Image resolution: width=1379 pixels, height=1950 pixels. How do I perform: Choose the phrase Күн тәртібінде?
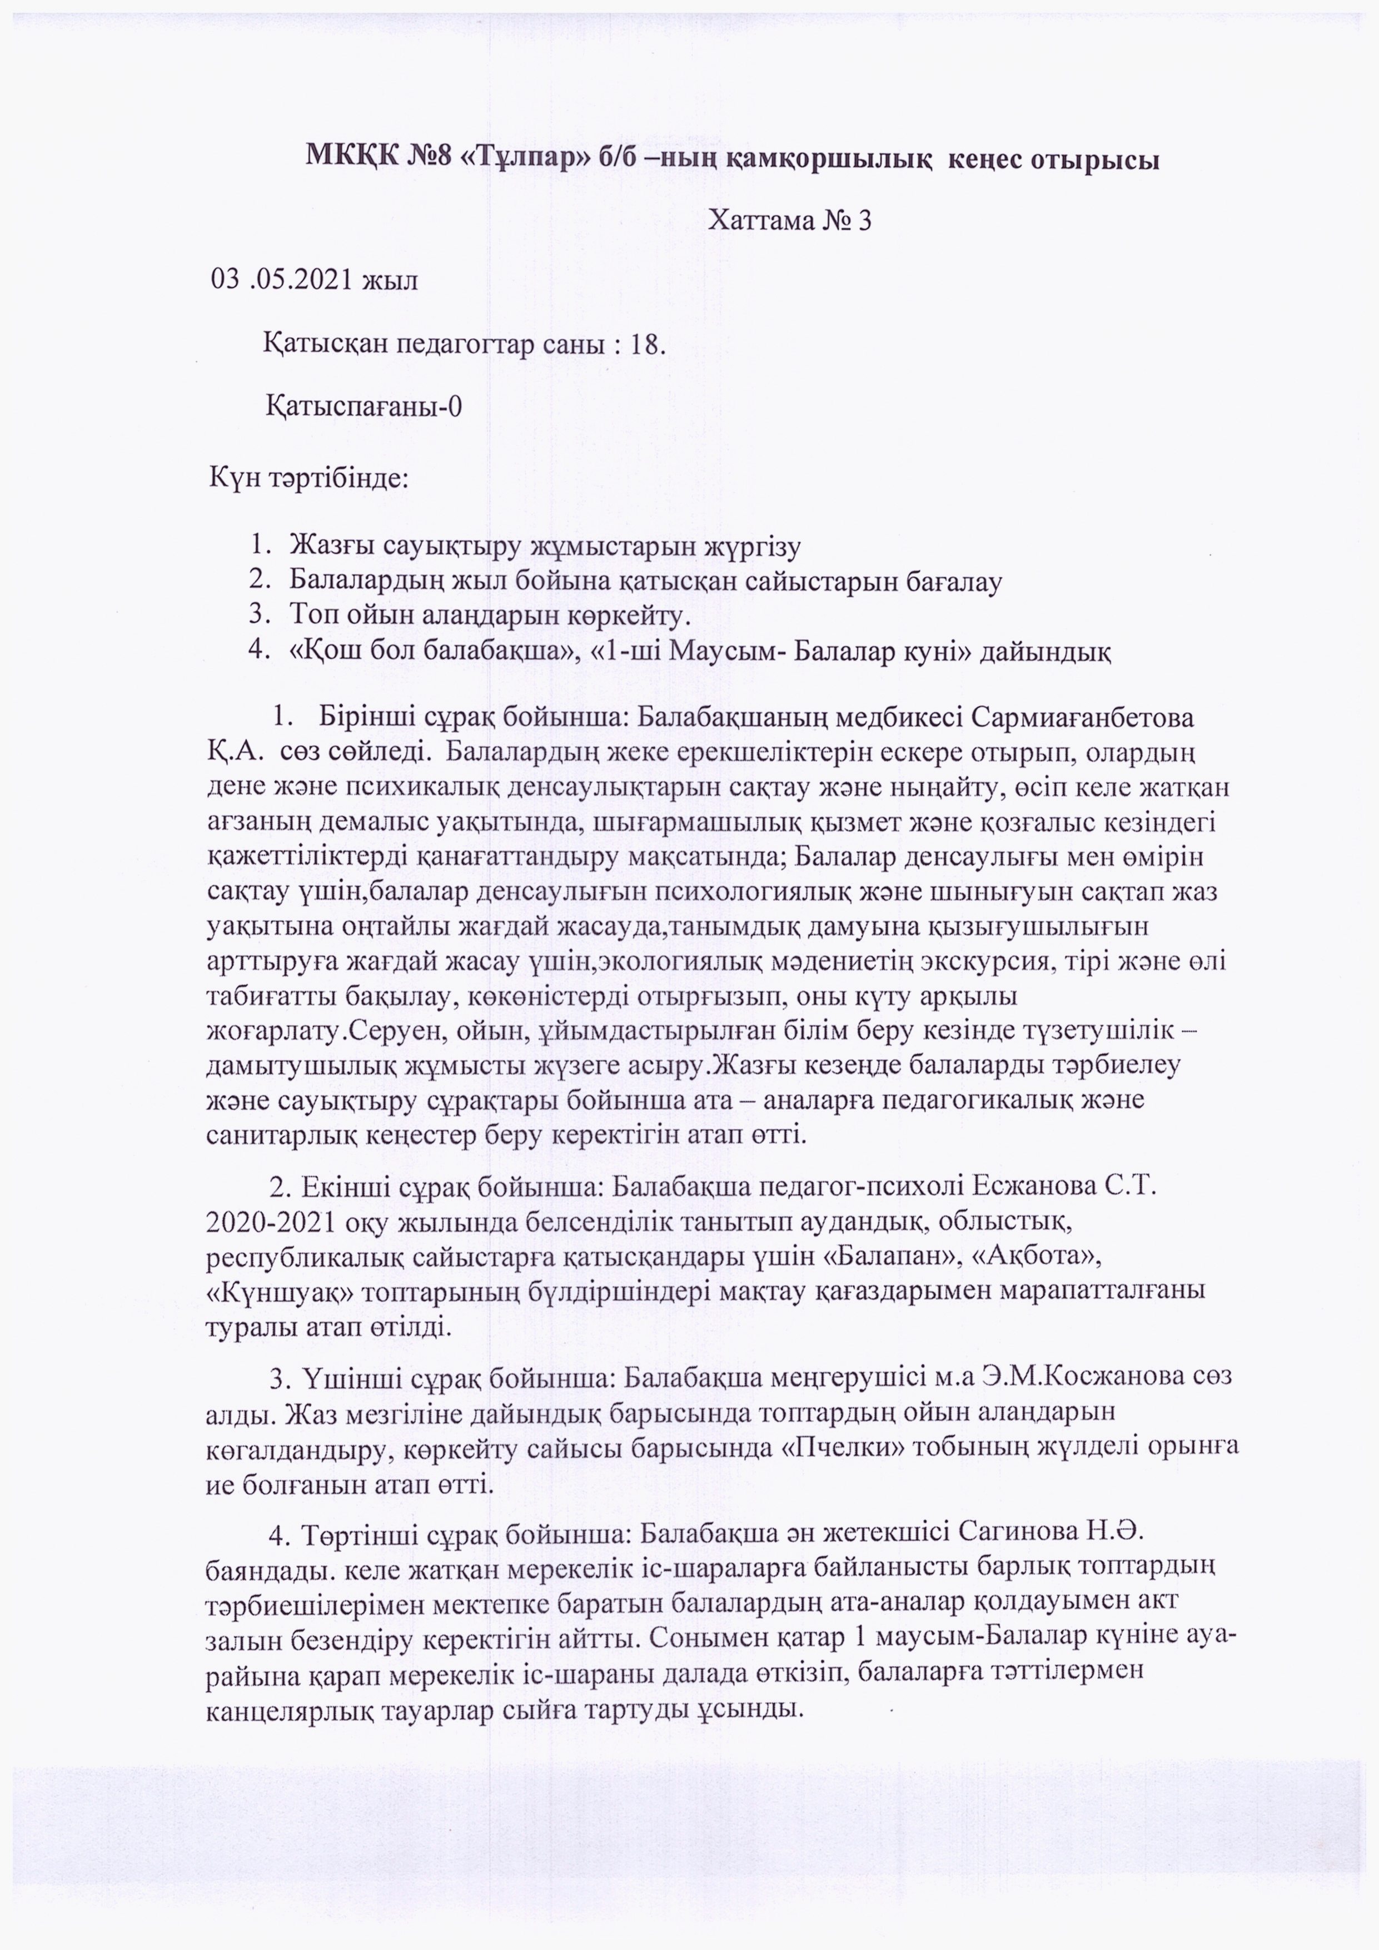click(309, 477)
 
